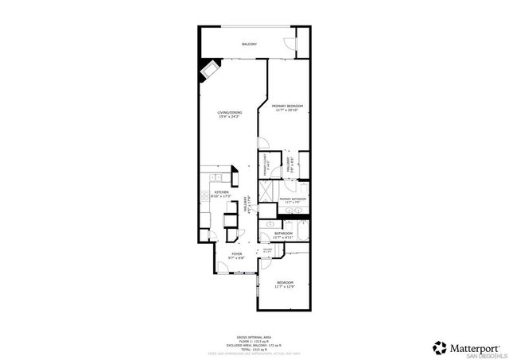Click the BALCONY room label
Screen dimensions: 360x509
pos(249,44)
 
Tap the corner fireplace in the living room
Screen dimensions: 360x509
pos(209,70)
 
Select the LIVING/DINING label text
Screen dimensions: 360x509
pos(230,114)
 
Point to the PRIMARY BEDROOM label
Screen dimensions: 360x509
pos(287,107)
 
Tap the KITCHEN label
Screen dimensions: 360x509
pos(221,194)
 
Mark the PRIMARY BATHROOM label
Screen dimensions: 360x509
pos(293,199)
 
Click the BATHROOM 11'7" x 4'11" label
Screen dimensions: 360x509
pos(283,235)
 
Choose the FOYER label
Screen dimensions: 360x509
pos(237,256)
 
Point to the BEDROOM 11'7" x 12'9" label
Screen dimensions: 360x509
pos(285,285)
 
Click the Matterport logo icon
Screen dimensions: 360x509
pos(439,347)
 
